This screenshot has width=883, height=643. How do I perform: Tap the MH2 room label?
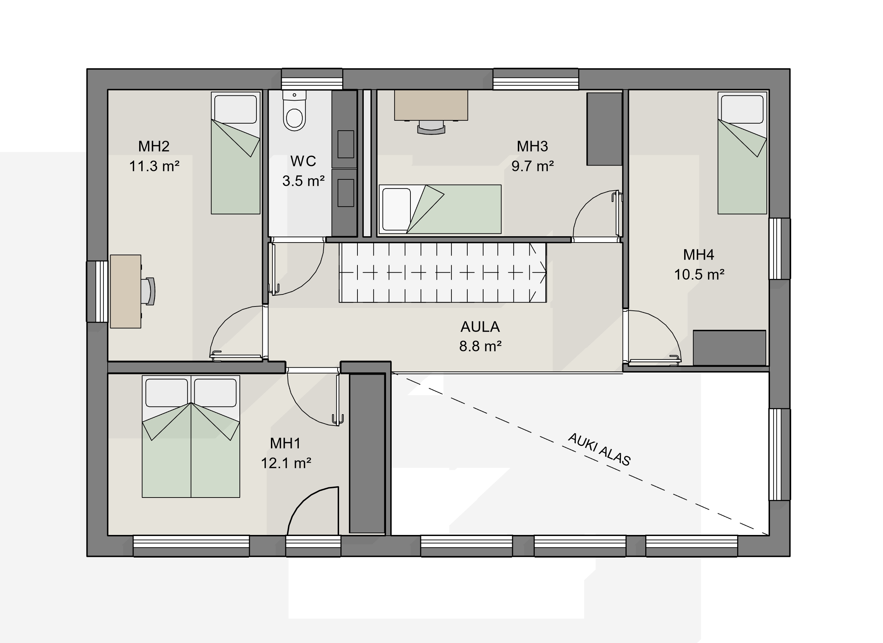pyautogui.click(x=154, y=146)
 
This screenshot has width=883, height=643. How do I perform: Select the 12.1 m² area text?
pyautogui.click(x=286, y=463)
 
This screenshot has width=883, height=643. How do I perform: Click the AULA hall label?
pyautogui.click(x=480, y=327)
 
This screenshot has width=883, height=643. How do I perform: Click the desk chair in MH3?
pyautogui.click(x=431, y=128)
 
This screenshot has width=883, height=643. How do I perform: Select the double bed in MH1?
pyautogui.click(x=191, y=436)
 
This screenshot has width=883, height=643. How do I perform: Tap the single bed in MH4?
pyautogui.click(x=742, y=153)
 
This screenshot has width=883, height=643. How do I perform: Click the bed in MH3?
pyautogui.click(x=440, y=209)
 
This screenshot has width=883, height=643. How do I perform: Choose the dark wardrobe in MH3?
pyautogui.click(x=604, y=129)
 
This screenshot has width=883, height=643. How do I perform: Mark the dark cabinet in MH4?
pyautogui.click(x=730, y=347)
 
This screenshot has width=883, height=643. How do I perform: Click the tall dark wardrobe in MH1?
pyautogui.click(x=367, y=453)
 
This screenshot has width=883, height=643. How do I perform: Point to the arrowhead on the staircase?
pyautogui.click(x=542, y=273)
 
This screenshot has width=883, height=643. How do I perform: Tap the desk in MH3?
pyautogui.click(x=431, y=106)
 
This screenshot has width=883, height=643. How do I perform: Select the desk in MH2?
pyautogui.click(x=125, y=292)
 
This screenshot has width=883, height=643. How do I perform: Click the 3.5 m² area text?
pyautogui.click(x=303, y=181)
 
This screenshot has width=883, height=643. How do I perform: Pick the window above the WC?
pyautogui.click(x=312, y=79)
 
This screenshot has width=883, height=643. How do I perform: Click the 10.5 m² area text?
pyautogui.click(x=699, y=275)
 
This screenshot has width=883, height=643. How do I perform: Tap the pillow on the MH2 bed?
pyautogui.click(x=236, y=109)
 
